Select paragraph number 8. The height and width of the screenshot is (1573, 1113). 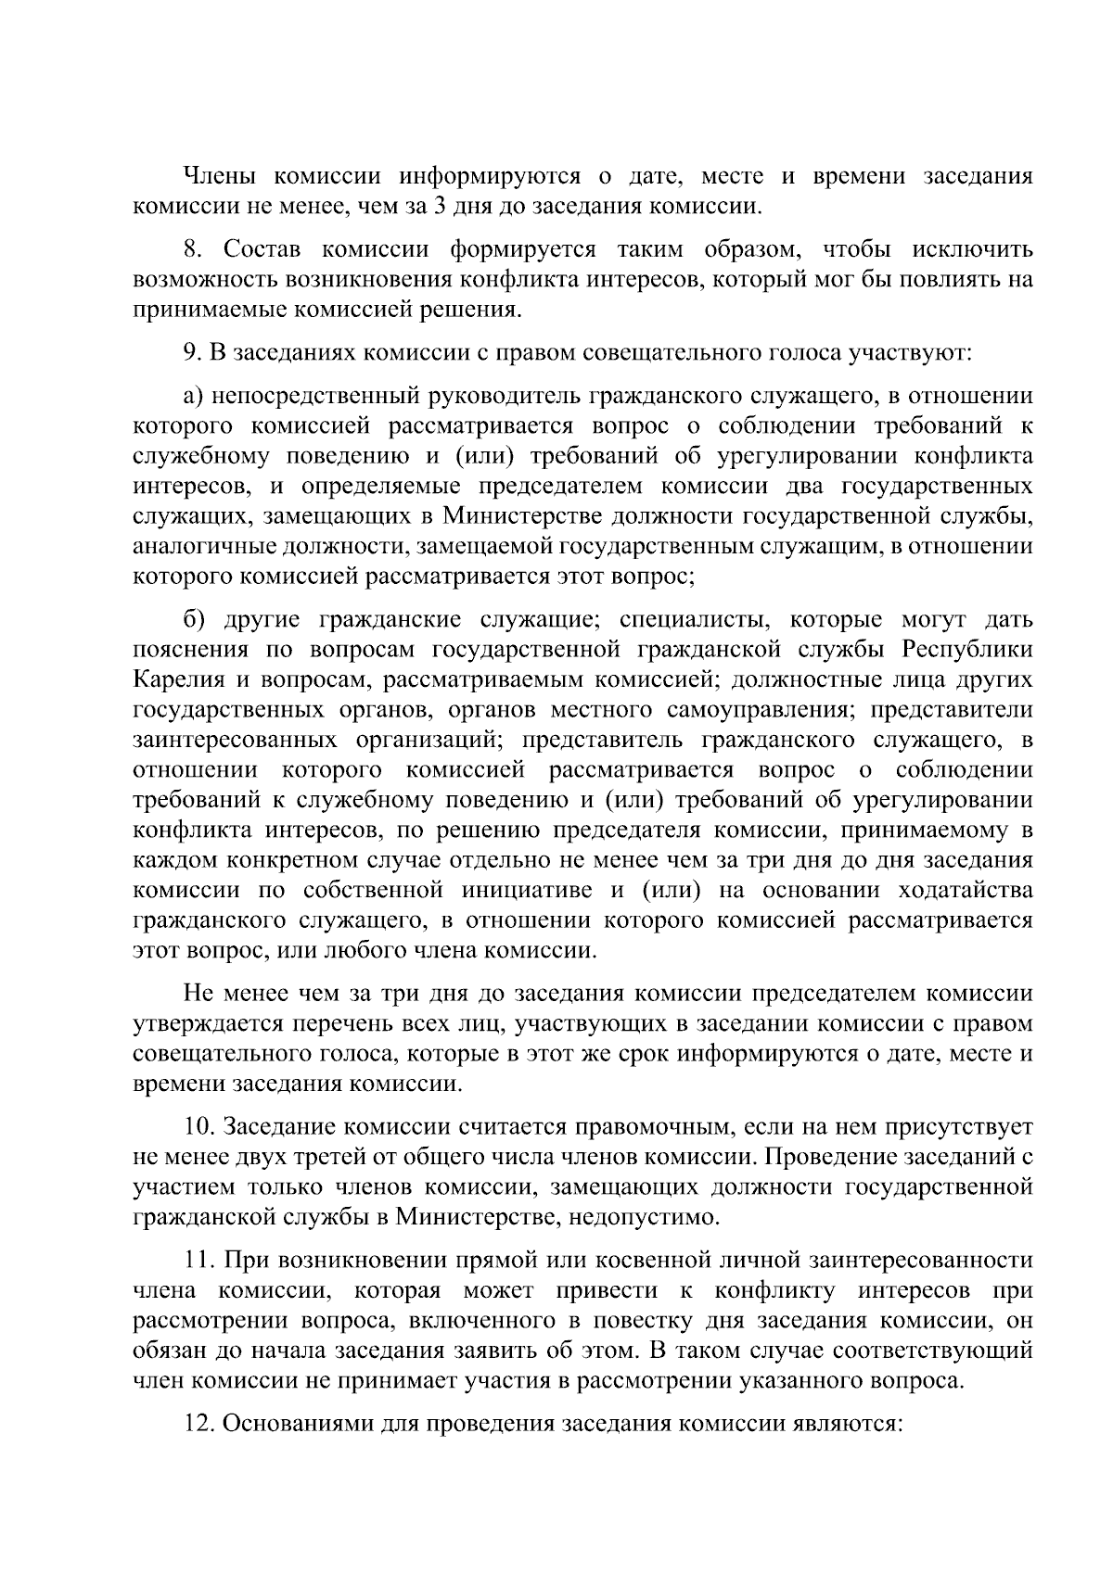(192, 250)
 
